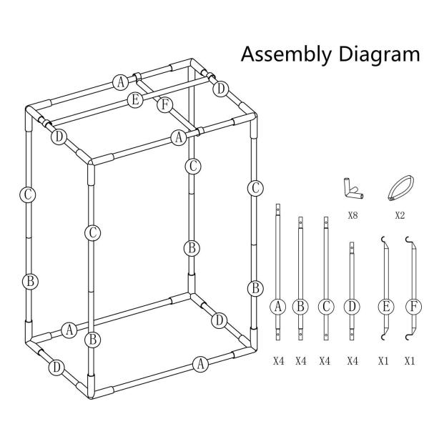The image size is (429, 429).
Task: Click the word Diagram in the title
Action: [x=379, y=54]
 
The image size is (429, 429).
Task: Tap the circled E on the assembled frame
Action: [x=135, y=100]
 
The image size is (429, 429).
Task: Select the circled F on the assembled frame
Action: [x=164, y=105]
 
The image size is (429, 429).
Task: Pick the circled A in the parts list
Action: [x=278, y=307]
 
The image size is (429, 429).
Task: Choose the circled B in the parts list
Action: [x=300, y=307]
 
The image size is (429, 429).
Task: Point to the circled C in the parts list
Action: [x=326, y=307]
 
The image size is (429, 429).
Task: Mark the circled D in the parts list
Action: [x=352, y=307]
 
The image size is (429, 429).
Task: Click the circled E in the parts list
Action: [x=386, y=307]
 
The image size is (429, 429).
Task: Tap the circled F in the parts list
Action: [x=413, y=307]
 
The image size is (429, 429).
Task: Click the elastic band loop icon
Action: [x=401, y=188]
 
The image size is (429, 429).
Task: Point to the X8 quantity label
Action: [x=352, y=216]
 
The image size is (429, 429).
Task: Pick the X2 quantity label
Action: [x=400, y=216]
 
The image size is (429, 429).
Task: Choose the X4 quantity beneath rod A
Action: [x=279, y=361]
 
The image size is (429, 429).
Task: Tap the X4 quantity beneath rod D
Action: [x=352, y=361]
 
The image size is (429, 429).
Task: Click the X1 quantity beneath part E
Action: [x=383, y=361]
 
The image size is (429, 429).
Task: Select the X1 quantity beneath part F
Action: [x=410, y=361]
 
